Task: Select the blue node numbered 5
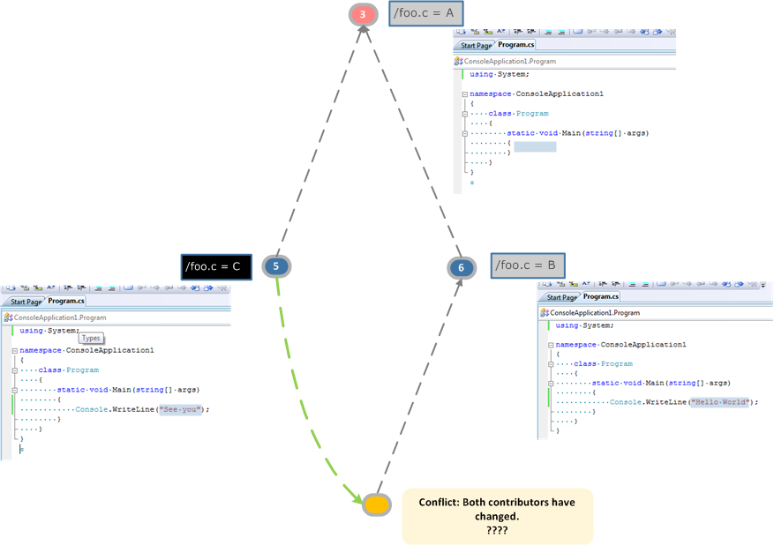[x=276, y=265]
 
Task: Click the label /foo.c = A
[x=426, y=13]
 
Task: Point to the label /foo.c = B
[x=526, y=265]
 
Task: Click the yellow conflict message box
[x=498, y=516]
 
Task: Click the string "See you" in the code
[x=181, y=409]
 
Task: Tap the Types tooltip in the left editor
[x=92, y=338]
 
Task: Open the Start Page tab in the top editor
[x=476, y=46]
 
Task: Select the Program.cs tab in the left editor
[x=66, y=302]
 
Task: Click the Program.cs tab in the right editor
[x=601, y=297]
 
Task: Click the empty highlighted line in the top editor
[x=535, y=146]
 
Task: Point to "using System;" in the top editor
[x=500, y=74]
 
